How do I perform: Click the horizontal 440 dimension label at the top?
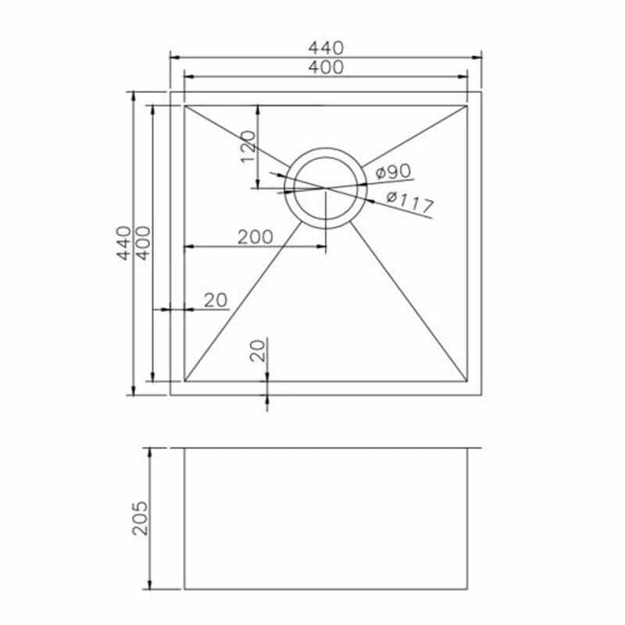[x=326, y=48]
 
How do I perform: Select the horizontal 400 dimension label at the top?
[x=326, y=67]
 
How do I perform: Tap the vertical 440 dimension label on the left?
[x=124, y=243]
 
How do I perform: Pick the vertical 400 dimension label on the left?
[x=144, y=243]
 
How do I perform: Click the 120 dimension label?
[x=248, y=147]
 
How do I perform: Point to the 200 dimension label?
[x=255, y=237]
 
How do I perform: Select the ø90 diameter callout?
[x=393, y=172]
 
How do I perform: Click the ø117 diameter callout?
[x=409, y=202]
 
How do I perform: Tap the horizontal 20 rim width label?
[x=216, y=300]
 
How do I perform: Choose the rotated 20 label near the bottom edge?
[x=258, y=350]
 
